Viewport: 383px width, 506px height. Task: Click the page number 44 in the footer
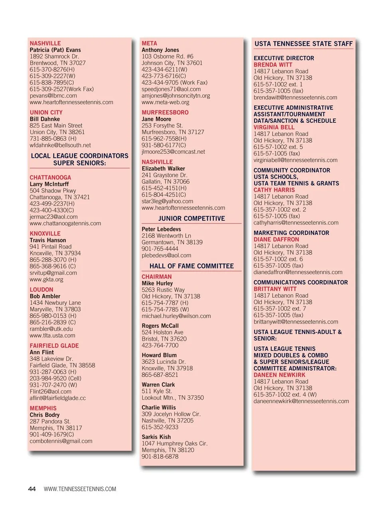coord(32,489)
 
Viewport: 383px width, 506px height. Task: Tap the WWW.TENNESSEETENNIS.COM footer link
coord(80,489)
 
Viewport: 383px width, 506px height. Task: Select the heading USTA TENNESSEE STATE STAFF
coord(304,44)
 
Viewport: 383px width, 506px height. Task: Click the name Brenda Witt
coord(273,65)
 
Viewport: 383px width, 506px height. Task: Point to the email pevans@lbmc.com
coord(53,96)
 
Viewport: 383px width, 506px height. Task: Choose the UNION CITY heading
coord(46,112)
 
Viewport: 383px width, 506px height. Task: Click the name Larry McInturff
coord(49,184)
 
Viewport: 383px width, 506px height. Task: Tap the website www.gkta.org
coord(46,279)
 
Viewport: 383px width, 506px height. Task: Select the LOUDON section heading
coord(41,290)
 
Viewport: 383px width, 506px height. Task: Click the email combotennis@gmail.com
coord(61,441)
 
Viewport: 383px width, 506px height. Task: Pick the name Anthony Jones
coord(160,50)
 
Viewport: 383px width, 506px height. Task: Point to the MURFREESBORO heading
coord(165,112)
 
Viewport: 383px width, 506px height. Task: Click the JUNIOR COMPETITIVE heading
coord(191,218)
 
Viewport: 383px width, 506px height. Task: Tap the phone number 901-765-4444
coord(160,249)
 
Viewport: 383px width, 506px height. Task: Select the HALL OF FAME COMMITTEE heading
coord(191,266)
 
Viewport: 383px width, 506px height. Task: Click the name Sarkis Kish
coord(156,437)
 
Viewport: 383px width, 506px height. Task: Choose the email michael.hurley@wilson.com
coord(176,316)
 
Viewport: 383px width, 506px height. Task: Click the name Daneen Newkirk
coord(279,375)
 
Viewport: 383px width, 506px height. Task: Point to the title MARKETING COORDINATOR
coord(291,233)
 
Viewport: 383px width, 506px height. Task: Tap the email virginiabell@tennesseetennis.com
coord(295,160)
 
